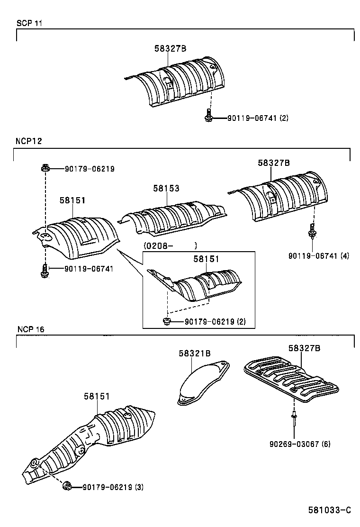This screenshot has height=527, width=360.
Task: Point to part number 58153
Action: pos(166,188)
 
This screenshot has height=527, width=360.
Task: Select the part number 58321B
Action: pos(194,353)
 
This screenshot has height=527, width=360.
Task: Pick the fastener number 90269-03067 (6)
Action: pos(300,444)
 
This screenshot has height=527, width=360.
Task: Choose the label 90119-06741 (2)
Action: pos(251,118)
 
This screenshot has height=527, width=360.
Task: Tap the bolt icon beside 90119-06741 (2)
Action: pos(208,115)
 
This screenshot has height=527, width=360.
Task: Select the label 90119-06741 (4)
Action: pos(318,255)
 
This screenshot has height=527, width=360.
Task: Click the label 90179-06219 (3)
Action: pos(113,487)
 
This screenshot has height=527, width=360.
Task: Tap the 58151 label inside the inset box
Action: pos(206,259)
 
